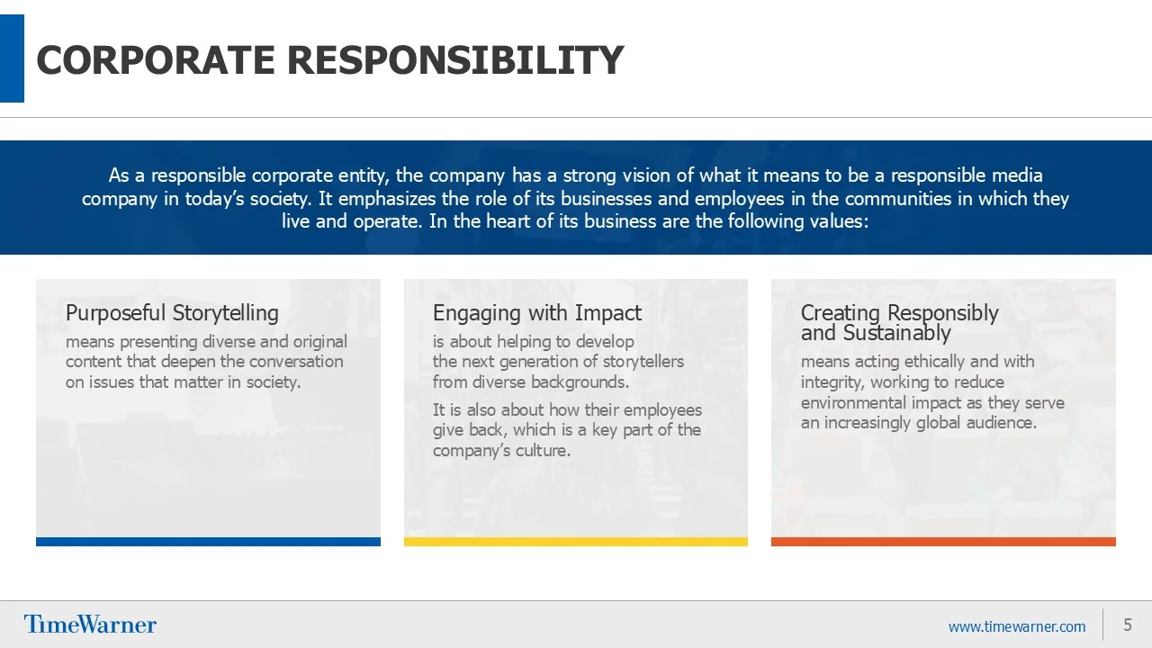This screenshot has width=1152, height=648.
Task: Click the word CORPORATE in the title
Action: (156, 59)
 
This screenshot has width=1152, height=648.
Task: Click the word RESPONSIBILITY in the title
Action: (455, 59)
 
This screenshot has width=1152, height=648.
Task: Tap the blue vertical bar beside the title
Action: (12, 58)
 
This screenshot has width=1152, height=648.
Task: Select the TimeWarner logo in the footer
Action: (90, 625)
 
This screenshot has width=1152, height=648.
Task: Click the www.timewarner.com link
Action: (1017, 626)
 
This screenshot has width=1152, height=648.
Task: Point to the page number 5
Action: (1128, 625)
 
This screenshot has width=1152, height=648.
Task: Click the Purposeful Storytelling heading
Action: (172, 312)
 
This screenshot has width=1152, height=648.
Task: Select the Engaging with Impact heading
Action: (537, 312)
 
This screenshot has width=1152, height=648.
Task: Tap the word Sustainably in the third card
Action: (897, 333)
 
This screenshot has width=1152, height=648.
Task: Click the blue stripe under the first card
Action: (208, 542)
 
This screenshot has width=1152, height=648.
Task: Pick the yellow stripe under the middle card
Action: (575, 542)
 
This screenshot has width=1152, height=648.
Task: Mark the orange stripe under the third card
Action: (943, 542)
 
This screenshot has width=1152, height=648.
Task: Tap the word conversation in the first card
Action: (296, 362)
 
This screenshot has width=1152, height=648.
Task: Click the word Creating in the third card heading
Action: (841, 312)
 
